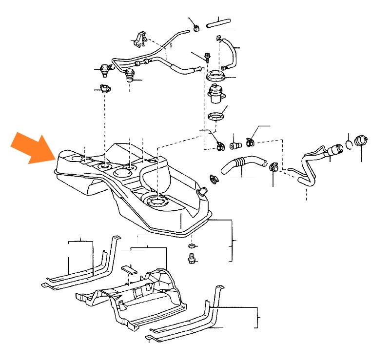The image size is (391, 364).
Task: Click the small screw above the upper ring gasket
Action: [x=208, y=57]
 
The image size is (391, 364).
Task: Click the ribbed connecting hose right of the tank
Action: [x=240, y=165]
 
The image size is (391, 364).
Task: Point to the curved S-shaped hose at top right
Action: [x=230, y=52]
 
